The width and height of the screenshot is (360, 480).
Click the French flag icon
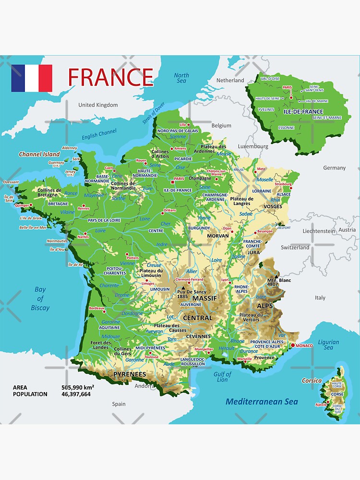pos(32,78)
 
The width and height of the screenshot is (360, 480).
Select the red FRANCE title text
pos(110,77)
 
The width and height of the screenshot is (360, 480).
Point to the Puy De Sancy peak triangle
pos(183,288)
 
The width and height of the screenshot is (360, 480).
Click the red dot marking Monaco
pos(292,345)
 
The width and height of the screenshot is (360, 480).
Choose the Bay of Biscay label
pos(40,299)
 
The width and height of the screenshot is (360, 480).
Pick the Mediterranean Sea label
pos(262,402)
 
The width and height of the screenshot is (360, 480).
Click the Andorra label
pos(144,386)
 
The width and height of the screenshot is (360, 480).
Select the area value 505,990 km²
pos(78,387)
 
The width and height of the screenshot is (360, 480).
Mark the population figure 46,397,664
pos(76,394)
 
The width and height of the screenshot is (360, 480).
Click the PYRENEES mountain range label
pos(130,374)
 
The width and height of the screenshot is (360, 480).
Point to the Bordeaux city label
pos(96,308)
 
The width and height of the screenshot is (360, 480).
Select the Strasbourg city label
pos(283,184)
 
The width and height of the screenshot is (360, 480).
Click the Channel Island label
pos(39,155)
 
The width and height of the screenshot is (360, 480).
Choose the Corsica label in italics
pos(312,381)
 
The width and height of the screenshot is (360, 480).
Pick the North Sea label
pos(181,78)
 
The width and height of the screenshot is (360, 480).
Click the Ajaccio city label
pos(321,404)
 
